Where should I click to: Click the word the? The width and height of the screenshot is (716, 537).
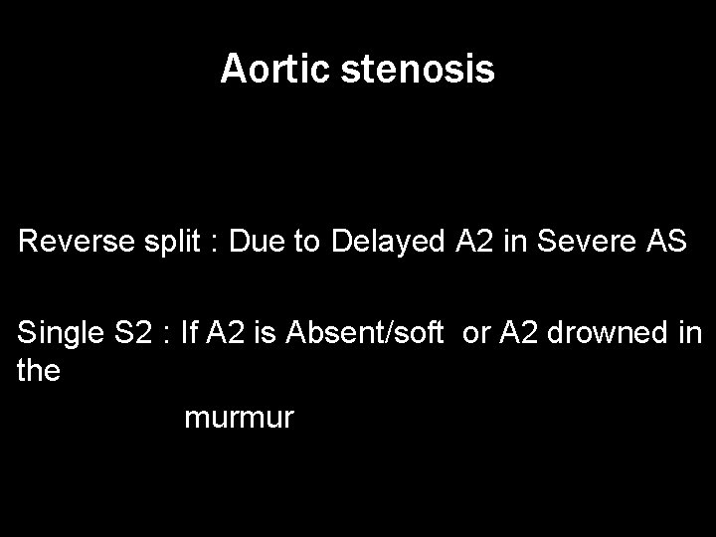click(x=39, y=371)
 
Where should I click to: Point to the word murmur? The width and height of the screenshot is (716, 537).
click(x=239, y=418)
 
